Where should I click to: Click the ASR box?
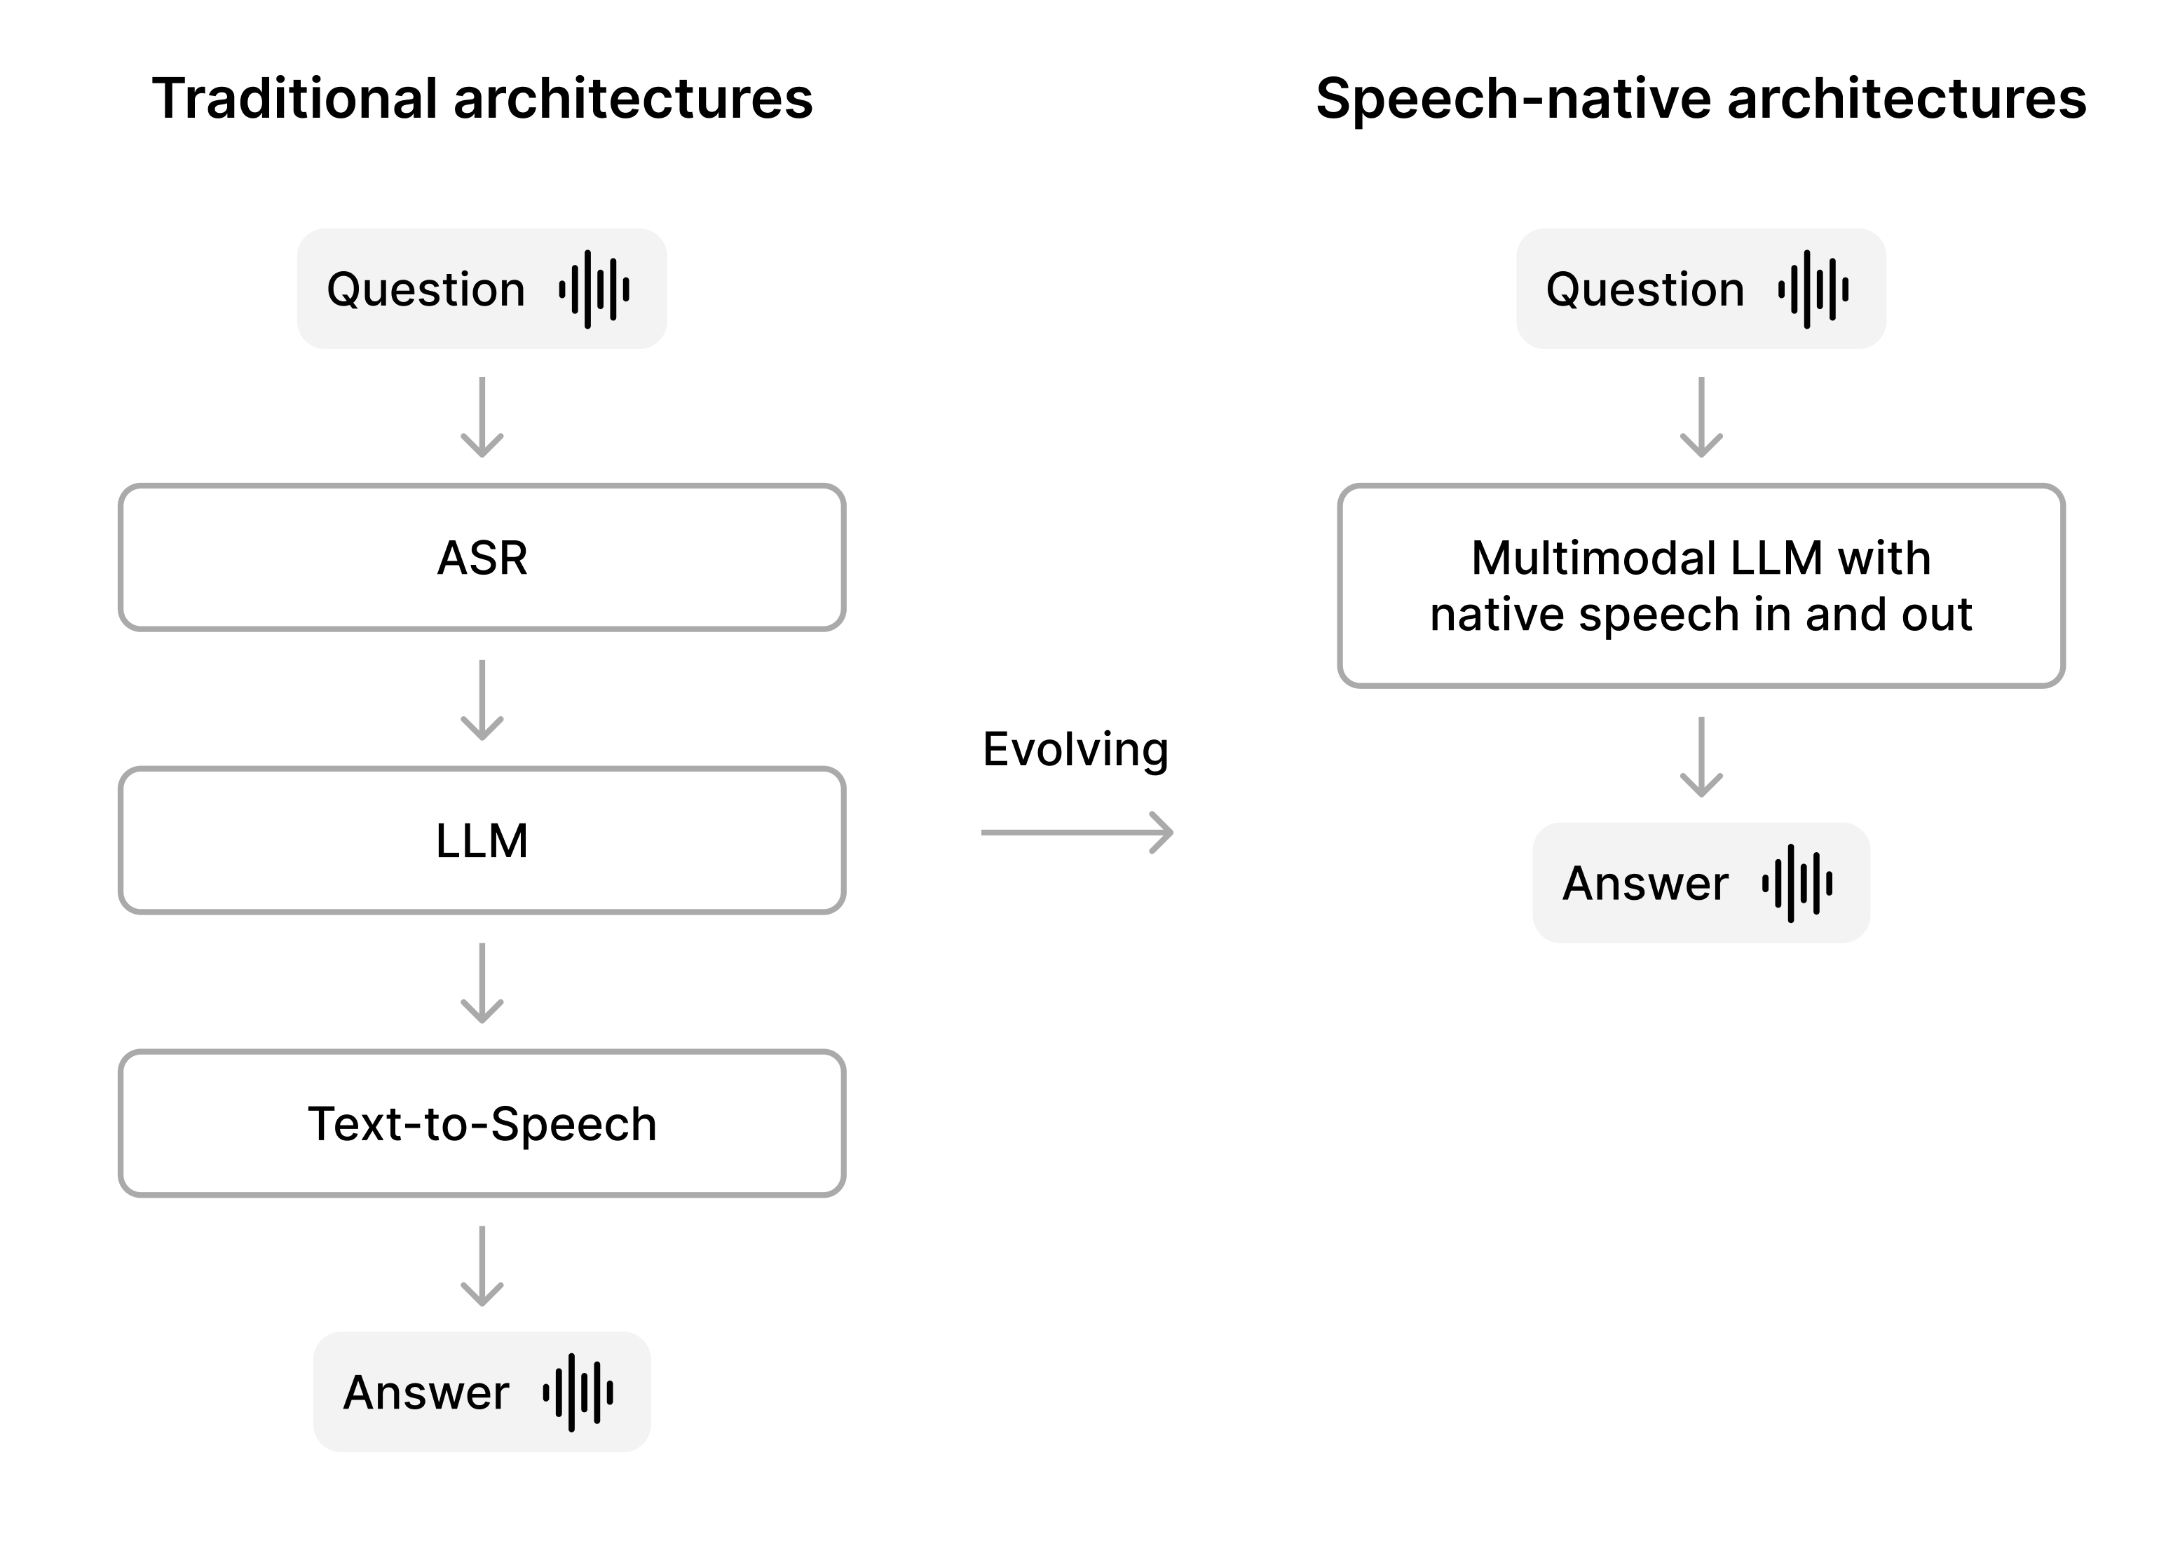pyautogui.click(x=482, y=558)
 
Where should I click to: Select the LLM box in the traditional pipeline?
pyautogui.click(x=482, y=840)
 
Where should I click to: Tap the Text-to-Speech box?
pyautogui.click(x=482, y=1123)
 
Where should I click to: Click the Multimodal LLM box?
pyautogui.click(x=1701, y=585)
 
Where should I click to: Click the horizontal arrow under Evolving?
pyautogui.click(x=1077, y=832)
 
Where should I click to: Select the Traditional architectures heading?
pyautogui.click(x=482, y=99)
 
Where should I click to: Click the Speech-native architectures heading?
pyautogui.click(x=1701, y=99)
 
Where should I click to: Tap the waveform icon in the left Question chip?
pyautogui.click(x=594, y=289)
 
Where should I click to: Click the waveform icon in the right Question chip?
pyautogui.click(x=1813, y=289)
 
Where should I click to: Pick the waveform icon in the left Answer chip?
pyautogui.click(x=578, y=1393)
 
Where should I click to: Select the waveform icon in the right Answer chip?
pyautogui.click(x=1797, y=882)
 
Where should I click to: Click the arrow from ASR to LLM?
pyautogui.click(x=482, y=700)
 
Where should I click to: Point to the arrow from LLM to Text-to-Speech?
pyautogui.click(x=482, y=983)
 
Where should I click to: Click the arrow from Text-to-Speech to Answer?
pyautogui.click(x=482, y=1266)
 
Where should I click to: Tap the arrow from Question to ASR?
pyautogui.click(x=482, y=417)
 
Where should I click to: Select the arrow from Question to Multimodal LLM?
pyautogui.click(x=1701, y=417)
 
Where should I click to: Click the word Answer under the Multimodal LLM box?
pyautogui.click(x=1645, y=882)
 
